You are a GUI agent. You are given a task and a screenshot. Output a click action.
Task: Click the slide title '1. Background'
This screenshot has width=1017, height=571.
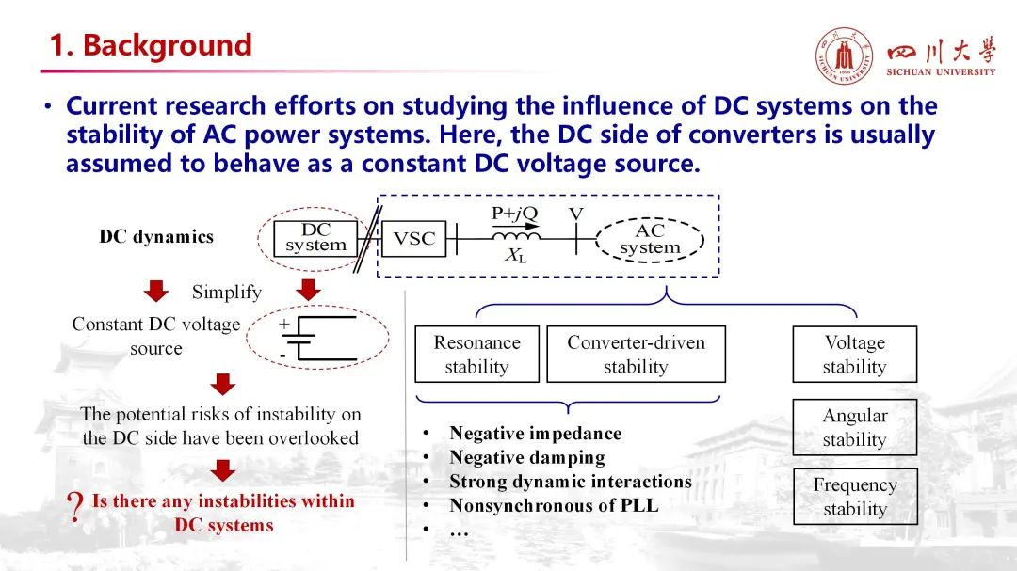(151, 45)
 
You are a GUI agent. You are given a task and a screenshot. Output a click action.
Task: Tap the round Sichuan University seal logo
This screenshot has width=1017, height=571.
(844, 56)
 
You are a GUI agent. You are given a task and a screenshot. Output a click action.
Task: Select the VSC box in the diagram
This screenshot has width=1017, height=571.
(413, 239)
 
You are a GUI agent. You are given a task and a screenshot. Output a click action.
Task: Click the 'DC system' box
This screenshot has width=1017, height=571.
(315, 238)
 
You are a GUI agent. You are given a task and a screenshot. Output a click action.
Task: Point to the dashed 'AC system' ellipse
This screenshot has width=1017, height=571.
(650, 239)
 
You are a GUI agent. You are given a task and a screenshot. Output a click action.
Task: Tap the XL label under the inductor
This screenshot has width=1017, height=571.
(515, 257)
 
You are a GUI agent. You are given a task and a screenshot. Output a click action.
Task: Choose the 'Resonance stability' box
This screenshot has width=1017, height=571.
(476, 355)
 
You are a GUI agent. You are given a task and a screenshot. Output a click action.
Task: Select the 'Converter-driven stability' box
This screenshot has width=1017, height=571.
(636, 355)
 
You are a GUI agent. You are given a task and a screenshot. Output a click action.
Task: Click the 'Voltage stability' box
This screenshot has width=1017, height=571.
(854, 355)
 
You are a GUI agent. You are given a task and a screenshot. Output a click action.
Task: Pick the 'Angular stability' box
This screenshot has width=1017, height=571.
(854, 427)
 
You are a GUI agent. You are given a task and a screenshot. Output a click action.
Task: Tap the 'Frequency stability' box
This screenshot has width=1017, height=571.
(854, 497)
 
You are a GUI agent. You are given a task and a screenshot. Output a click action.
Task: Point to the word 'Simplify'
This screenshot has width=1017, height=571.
(226, 292)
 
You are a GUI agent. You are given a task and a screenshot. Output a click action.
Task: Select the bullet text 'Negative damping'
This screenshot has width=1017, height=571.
(526, 458)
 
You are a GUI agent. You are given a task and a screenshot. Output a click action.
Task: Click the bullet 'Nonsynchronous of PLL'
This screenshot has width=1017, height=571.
(554, 506)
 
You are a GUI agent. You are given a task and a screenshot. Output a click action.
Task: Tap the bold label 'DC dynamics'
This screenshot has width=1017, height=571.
(156, 237)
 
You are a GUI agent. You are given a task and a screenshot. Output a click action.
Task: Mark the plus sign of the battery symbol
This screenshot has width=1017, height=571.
(284, 323)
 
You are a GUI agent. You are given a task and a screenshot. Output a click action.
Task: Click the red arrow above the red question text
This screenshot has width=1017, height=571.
(223, 470)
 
